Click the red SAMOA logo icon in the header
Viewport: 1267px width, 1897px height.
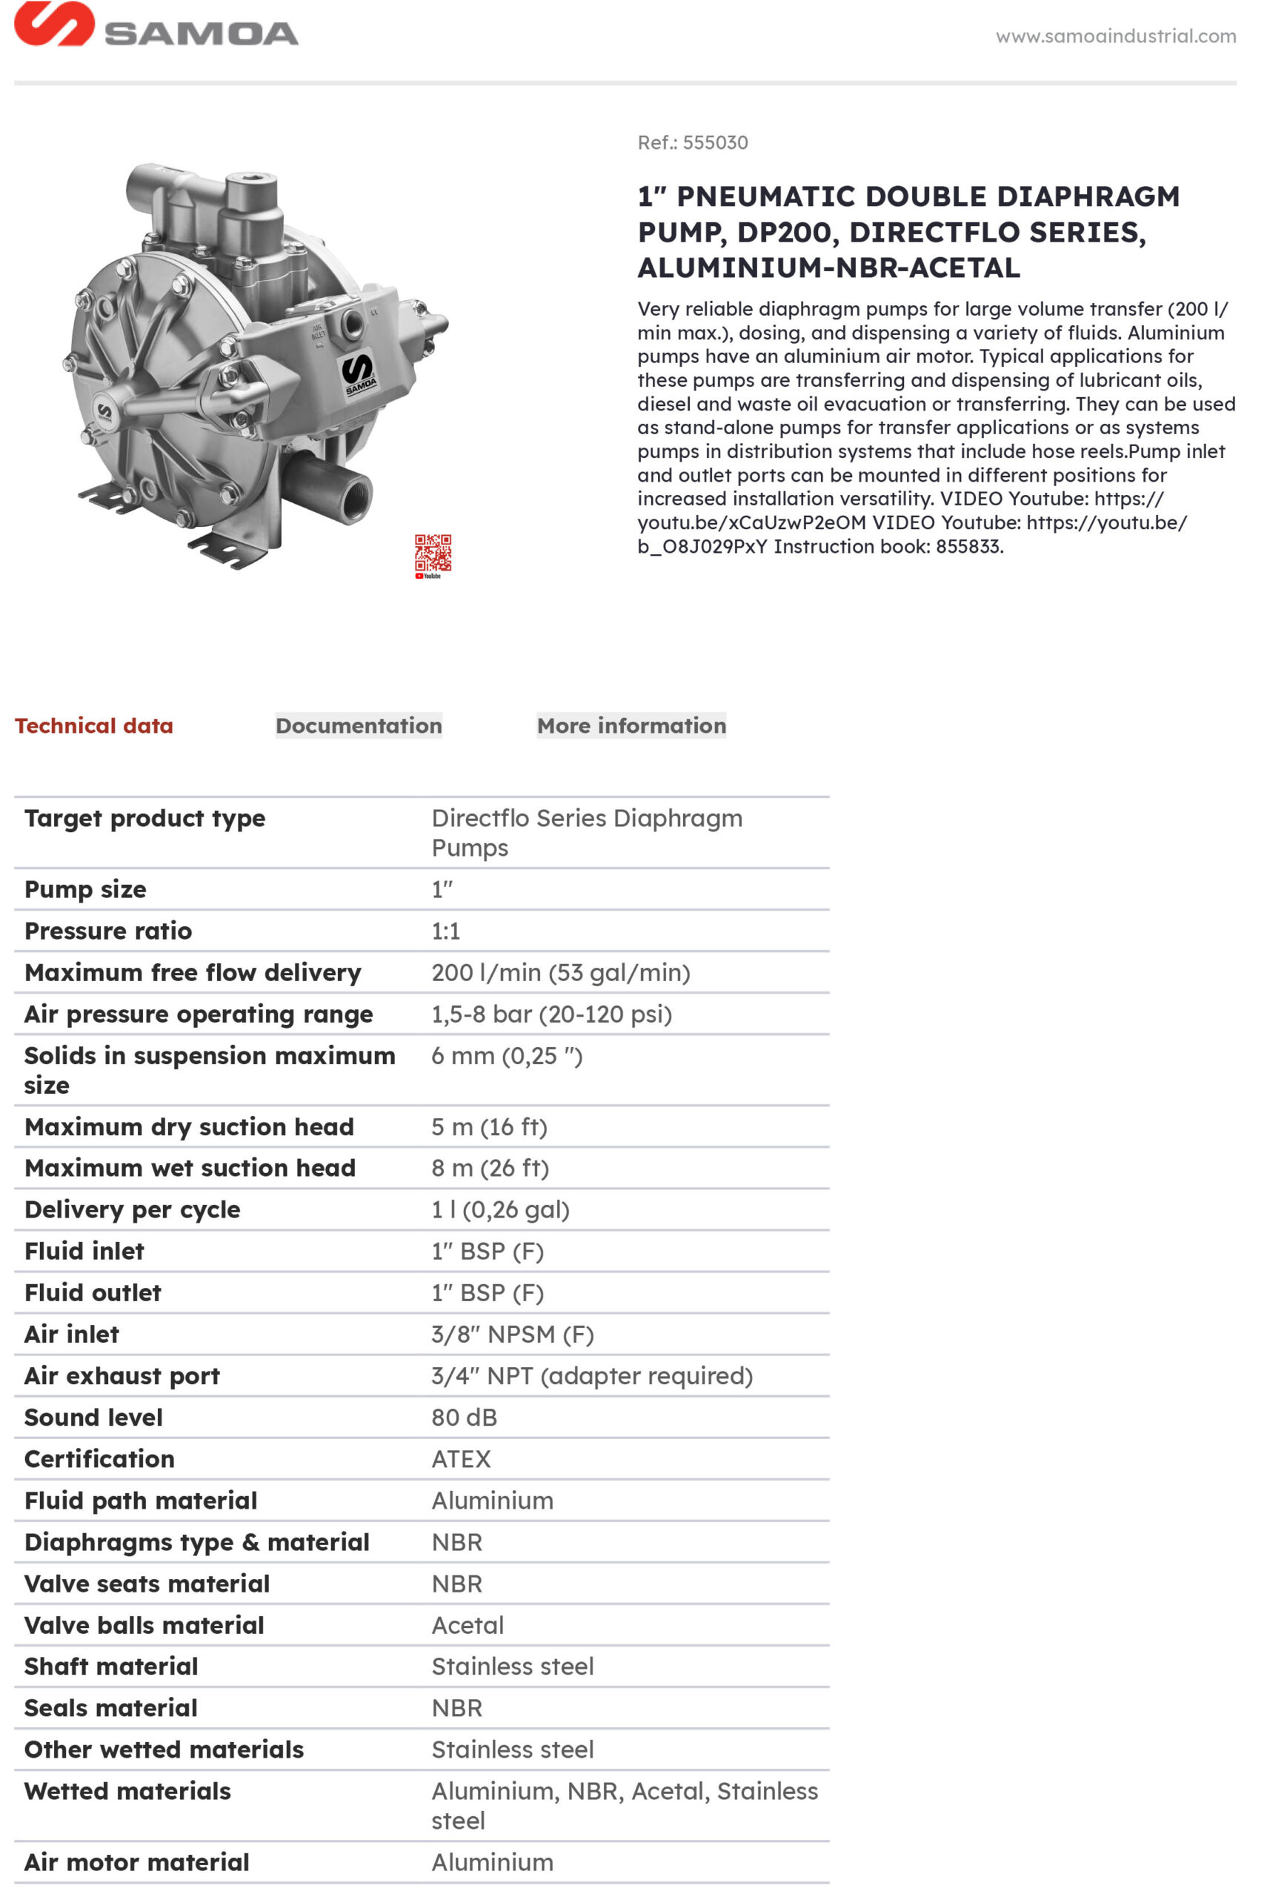pyautogui.click(x=53, y=24)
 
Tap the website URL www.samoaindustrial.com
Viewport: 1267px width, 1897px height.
pyautogui.click(x=1115, y=36)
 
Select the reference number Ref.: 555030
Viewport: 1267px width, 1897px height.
pyautogui.click(x=693, y=143)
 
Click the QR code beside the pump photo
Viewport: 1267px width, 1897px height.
pyautogui.click(x=433, y=554)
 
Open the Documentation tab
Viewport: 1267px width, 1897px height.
pyautogui.click(x=359, y=725)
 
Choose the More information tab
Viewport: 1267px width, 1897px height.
pyautogui.click(x=631, y=725)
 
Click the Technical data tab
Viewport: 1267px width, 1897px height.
pyautogui.click(x=94, y=725)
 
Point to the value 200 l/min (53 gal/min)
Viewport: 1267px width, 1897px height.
pyautogui.click(x=561, y=972)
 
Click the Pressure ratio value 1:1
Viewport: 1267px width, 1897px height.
pyautogui.click(x=445, y=931)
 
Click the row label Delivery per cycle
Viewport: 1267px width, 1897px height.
pyautogui.click(x=133, y=1209)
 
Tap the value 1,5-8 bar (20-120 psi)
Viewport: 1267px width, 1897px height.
pyautogui.click(x=551, y=1014)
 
